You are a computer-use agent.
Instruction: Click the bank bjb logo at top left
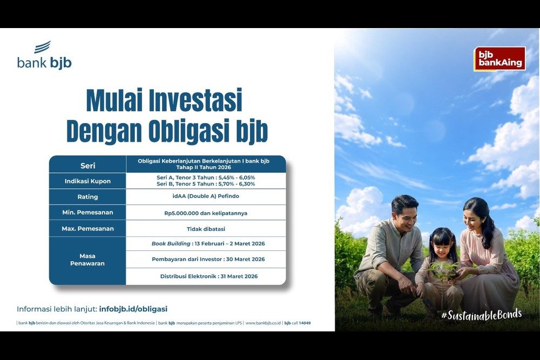point(44,56)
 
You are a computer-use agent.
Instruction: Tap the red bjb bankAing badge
point(500,58)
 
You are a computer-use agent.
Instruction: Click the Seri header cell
point(87,165)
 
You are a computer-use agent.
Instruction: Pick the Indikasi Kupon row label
point(87,181)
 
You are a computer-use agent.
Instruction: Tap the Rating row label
point(87,197)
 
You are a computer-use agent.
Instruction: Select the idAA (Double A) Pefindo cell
point(206,196)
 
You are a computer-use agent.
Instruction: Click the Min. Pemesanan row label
point(87,213)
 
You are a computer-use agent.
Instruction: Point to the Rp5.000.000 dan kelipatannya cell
point(206,213)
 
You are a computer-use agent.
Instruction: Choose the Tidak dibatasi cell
point(206,228)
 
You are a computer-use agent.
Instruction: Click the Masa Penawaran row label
point(87,260)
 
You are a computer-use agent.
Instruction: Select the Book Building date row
point(206,243)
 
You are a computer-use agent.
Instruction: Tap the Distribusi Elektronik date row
point(206,276)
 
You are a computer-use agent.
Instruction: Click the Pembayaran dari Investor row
point(206,259)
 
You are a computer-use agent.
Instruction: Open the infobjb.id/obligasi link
point(133,309)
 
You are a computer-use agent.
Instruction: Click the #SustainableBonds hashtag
point(481,314)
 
